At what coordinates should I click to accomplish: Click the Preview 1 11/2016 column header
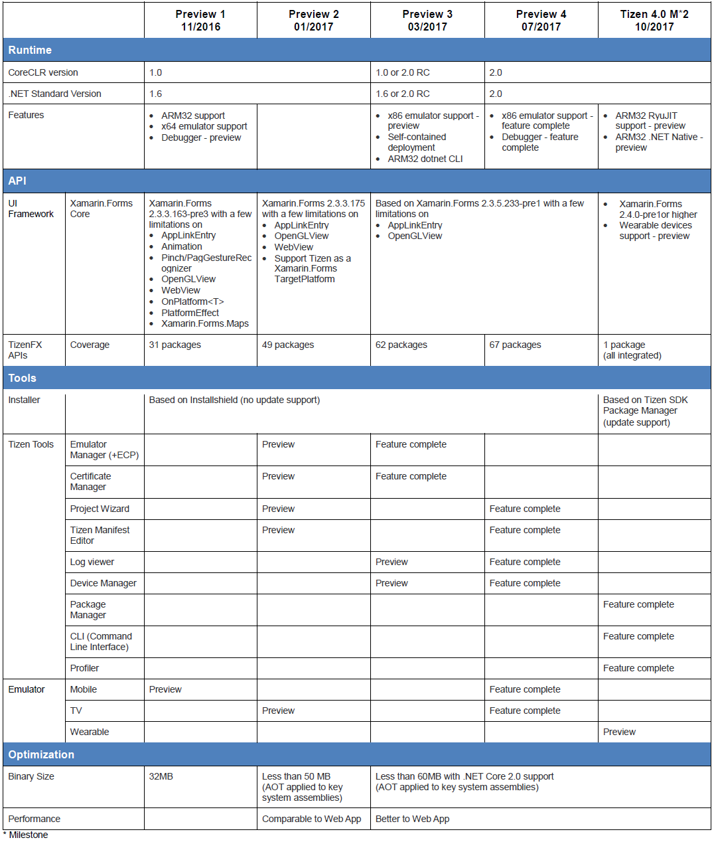(x=200, y=21)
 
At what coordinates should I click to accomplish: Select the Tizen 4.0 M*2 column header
(x=654, y=21)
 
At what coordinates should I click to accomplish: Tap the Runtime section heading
(x=30, y=50)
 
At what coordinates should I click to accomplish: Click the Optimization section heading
(x=41, y=754)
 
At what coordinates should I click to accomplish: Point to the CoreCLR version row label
(x=43, y=72)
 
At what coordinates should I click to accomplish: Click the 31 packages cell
(x=175, y=345)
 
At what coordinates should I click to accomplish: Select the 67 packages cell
(x=515, y=345)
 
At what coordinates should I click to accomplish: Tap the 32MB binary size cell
(x=161, y=776)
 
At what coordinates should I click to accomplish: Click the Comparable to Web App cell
(x=311, y=819)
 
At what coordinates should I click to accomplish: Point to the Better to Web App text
(x=412, y=819)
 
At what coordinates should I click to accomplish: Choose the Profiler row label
(x=84, y=668)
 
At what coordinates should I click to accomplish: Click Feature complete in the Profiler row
(x=638, y=668)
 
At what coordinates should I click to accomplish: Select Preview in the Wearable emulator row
(x=619, y=732)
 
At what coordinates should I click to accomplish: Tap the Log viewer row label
(x=92, y=562)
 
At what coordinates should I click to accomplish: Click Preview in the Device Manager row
(x=392, y=583)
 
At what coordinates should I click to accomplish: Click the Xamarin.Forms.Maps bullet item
(x=205, y=323)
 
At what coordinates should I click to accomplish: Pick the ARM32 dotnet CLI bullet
(x=425, y=159)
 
